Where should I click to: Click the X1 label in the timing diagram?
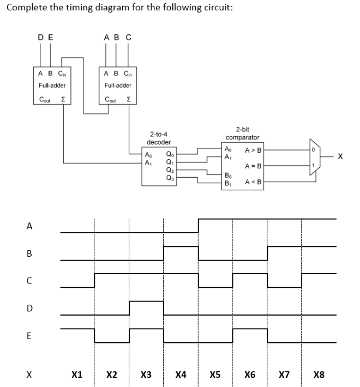pos(77,374)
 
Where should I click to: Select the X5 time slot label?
pos(215,374)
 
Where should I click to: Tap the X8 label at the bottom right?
pos(319,374)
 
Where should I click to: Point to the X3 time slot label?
pos(146,374)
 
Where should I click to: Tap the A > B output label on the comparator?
pos(254,150)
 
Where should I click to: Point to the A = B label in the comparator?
pos(254,166)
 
